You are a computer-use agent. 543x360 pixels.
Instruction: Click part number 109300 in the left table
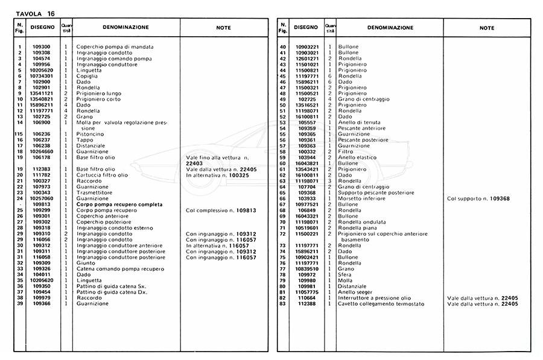pos(41,47)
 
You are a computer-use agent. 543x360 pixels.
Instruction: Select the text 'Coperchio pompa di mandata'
pos(115,47)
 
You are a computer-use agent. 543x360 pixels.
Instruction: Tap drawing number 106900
pos(41,122)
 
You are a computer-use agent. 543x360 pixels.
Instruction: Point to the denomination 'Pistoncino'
pos(91,134)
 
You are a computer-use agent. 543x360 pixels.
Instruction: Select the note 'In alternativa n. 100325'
pos(218,175)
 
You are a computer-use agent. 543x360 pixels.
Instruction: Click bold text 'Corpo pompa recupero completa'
pos(119,204)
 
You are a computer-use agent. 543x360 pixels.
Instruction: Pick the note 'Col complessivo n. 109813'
pos(218,210)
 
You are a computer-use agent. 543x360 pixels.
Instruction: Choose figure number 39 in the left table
pos(20,303)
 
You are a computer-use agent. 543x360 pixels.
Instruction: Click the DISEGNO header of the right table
pos(305,28)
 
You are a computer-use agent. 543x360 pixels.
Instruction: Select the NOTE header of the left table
pos(223,28)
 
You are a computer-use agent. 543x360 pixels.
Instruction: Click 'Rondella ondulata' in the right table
pos(362,222)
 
